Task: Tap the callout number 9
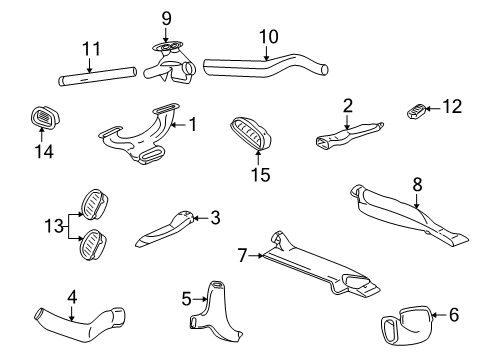coord(166,17)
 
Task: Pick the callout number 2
coord(348,104)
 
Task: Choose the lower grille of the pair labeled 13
coord(92,242)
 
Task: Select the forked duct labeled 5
coord(212,306)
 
